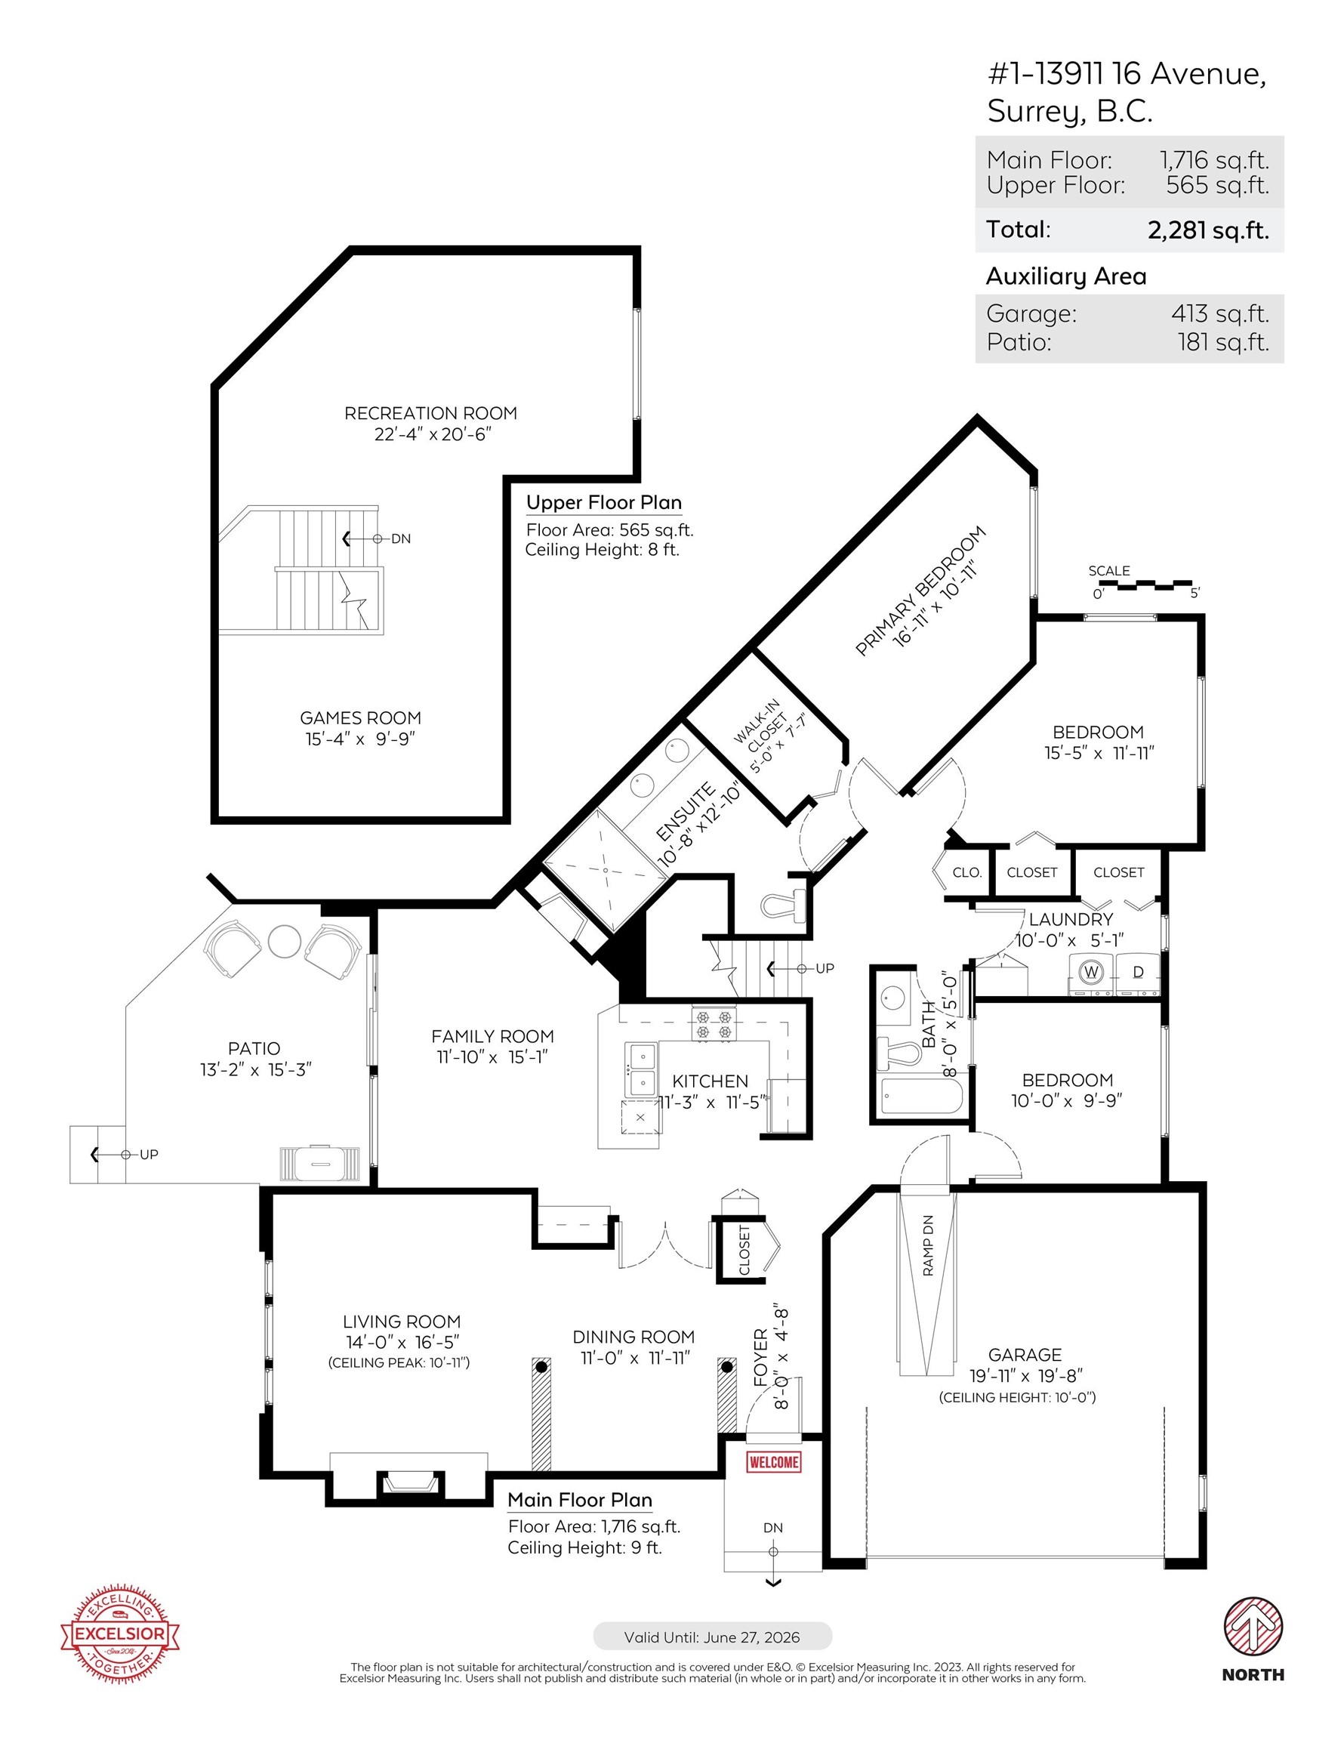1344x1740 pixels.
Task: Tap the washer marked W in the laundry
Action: coord(1090,973)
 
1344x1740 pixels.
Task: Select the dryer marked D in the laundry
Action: coord(1138,973)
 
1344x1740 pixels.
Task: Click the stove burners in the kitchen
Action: coord(714,1025)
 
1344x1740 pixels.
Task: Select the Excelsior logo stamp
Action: coord(120,1634)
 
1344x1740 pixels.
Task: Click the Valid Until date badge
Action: coord(712,1637)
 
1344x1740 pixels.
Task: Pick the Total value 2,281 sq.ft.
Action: coord(1208,230)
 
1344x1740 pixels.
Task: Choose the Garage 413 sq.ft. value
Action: coord(1219,313)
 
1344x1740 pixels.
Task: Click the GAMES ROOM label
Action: coord(360,718)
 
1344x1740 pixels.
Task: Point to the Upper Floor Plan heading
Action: coord(604,503)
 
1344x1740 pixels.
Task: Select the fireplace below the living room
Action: coord(408,1477)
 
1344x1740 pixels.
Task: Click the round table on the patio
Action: coord(285,942)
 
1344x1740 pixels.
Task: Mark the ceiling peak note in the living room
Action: coord(399,1362)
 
